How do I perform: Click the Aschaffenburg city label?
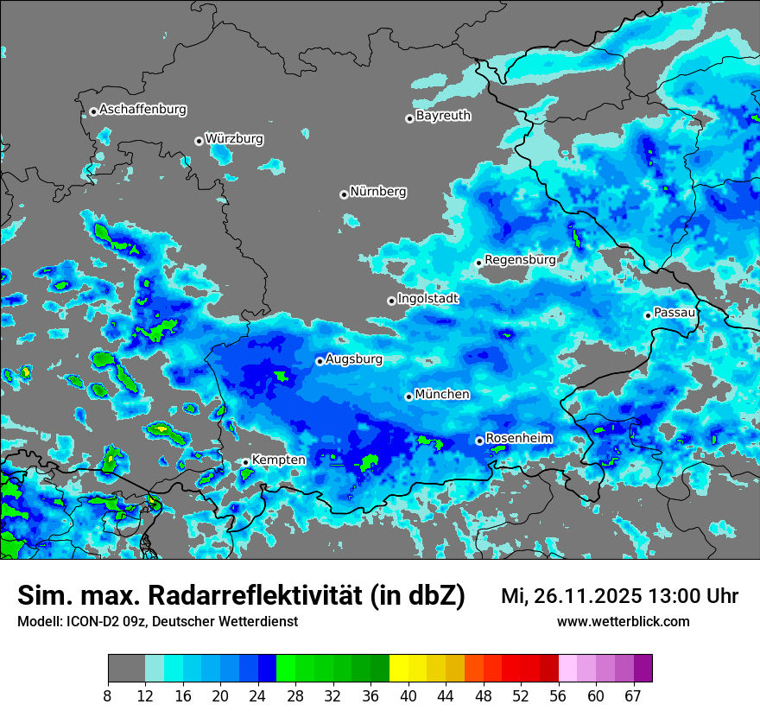tap(142, 110)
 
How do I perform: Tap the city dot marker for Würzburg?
tap(199, 141)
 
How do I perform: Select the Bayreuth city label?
tap(443, 115)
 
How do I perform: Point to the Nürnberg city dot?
tap(344, 194)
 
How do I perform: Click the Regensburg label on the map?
tap(520, 259)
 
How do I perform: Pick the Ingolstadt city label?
tap(427, 298)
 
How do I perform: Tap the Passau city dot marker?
tap(648, 315)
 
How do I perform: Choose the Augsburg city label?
tap(354, 358)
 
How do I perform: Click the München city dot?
tap(408, 397)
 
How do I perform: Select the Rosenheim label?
tap(518, 438)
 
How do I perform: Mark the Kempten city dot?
tap(245, 462)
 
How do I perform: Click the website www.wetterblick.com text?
tap(623, 621)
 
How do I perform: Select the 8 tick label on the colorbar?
tap(108, 696)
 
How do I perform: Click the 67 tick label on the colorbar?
tap(634, 696)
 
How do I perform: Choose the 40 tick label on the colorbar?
tap(408, 696)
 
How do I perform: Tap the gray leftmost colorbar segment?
tap(126, 669)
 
